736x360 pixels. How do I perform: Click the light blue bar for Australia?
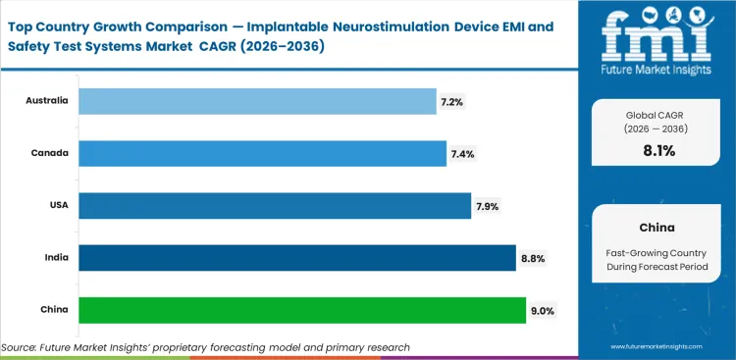point(257,100)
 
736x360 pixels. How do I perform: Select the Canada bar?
point(261,153)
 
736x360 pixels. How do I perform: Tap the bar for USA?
point(274,205)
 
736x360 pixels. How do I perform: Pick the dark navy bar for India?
point(296,258)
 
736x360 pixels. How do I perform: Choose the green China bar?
point(301,310)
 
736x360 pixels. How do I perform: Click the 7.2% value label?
point(451,101)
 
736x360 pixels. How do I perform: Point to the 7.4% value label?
point(460,153)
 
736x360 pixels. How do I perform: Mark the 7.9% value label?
point(487,206)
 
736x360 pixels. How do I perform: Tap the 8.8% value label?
point(532,258)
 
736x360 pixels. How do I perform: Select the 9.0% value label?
point(543,311)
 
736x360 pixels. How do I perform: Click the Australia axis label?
point(46,101)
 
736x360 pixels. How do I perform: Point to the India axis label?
point(55,258)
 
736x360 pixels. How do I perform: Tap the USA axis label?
point(57,206)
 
